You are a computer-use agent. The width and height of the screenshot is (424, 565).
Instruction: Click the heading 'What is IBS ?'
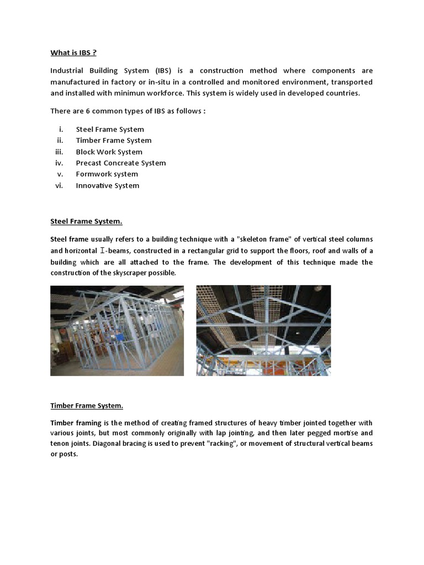point(73,53)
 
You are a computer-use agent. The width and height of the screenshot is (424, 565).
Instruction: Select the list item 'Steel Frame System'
point(110,129)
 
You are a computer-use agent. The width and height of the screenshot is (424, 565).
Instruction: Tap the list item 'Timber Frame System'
point(113,140)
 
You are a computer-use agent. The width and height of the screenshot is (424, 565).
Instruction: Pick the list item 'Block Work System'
point(109,152)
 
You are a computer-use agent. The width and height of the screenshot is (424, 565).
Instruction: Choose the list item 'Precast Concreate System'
point(120,163)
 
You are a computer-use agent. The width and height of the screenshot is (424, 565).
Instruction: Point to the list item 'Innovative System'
point(107,185)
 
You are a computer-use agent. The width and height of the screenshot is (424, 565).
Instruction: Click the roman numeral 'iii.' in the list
point(60,152)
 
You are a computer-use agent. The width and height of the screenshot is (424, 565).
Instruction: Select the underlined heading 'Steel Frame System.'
point(86,221)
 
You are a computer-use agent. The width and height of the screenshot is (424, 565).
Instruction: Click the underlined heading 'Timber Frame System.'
point(87,406)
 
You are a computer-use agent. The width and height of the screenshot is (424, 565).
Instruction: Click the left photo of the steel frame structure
point(117,331)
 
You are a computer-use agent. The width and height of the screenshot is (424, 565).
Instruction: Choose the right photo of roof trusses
point(263,331)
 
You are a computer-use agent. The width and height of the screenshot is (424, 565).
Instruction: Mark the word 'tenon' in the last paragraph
point(61,444)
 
